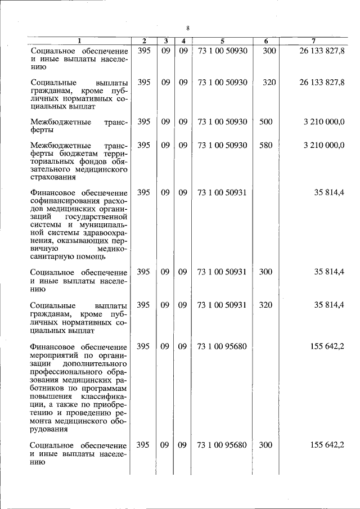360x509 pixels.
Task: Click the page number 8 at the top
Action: [188, 28]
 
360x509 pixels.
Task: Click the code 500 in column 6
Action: [265, 121]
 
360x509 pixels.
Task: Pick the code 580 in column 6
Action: [265, 145]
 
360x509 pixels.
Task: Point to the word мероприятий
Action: [55, 354]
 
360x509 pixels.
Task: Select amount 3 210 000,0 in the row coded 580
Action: [323, 145]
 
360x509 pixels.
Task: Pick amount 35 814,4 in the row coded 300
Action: [329, 272]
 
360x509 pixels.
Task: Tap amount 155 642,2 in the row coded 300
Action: [327, 445]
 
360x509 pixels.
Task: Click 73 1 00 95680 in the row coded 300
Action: [222, 445]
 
